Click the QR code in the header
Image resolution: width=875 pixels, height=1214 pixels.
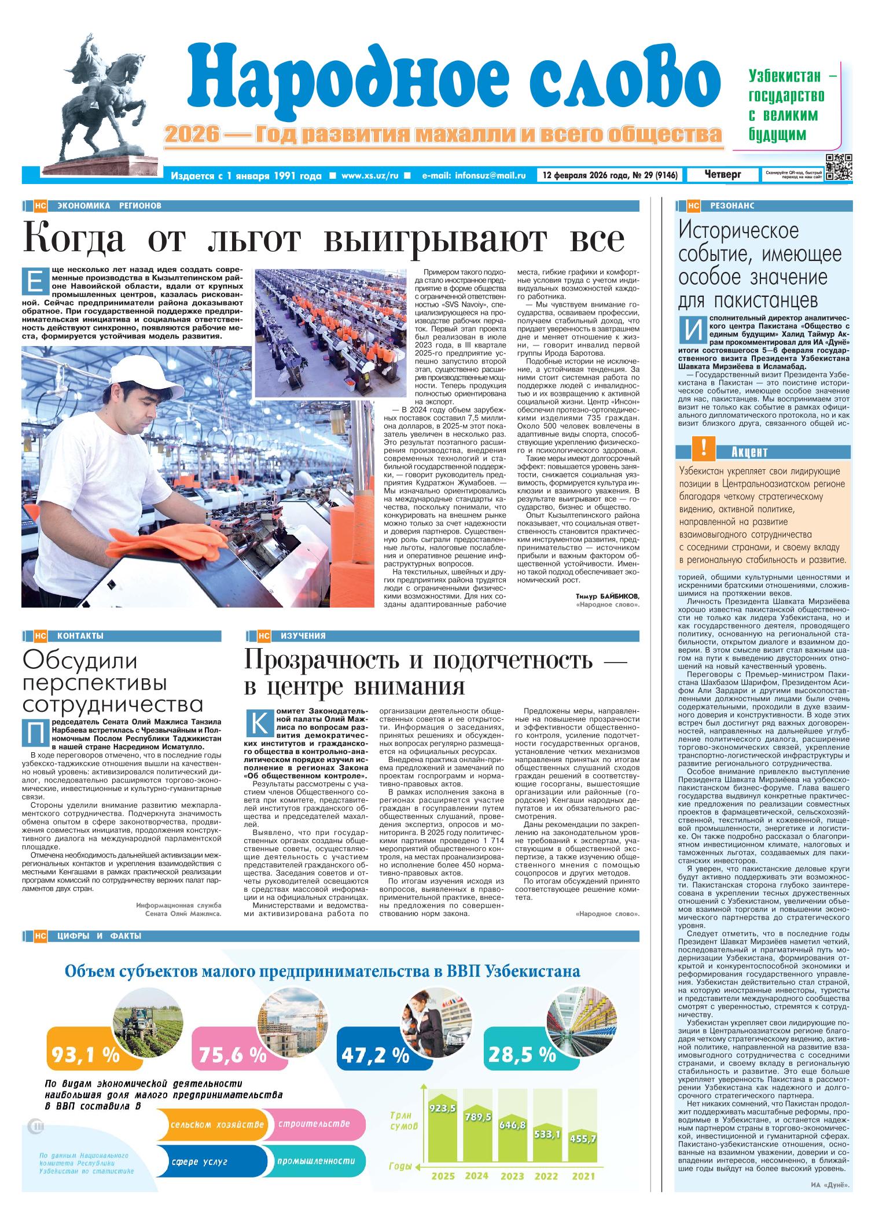click(839, 168)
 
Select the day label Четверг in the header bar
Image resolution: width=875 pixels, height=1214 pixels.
click(723, 174)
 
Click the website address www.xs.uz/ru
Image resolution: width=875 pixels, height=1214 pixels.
click(370, 175)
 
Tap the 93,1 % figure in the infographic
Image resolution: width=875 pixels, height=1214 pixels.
click(85, 1055)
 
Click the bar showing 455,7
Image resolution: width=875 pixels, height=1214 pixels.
click(583, 1139)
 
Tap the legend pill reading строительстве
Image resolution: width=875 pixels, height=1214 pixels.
click(314, 1124)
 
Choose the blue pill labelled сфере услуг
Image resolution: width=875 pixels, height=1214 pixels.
click(199, 1161)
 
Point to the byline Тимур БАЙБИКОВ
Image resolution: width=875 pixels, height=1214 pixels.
click(608, 596)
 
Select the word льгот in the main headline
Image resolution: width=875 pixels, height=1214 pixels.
click(254, 239)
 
